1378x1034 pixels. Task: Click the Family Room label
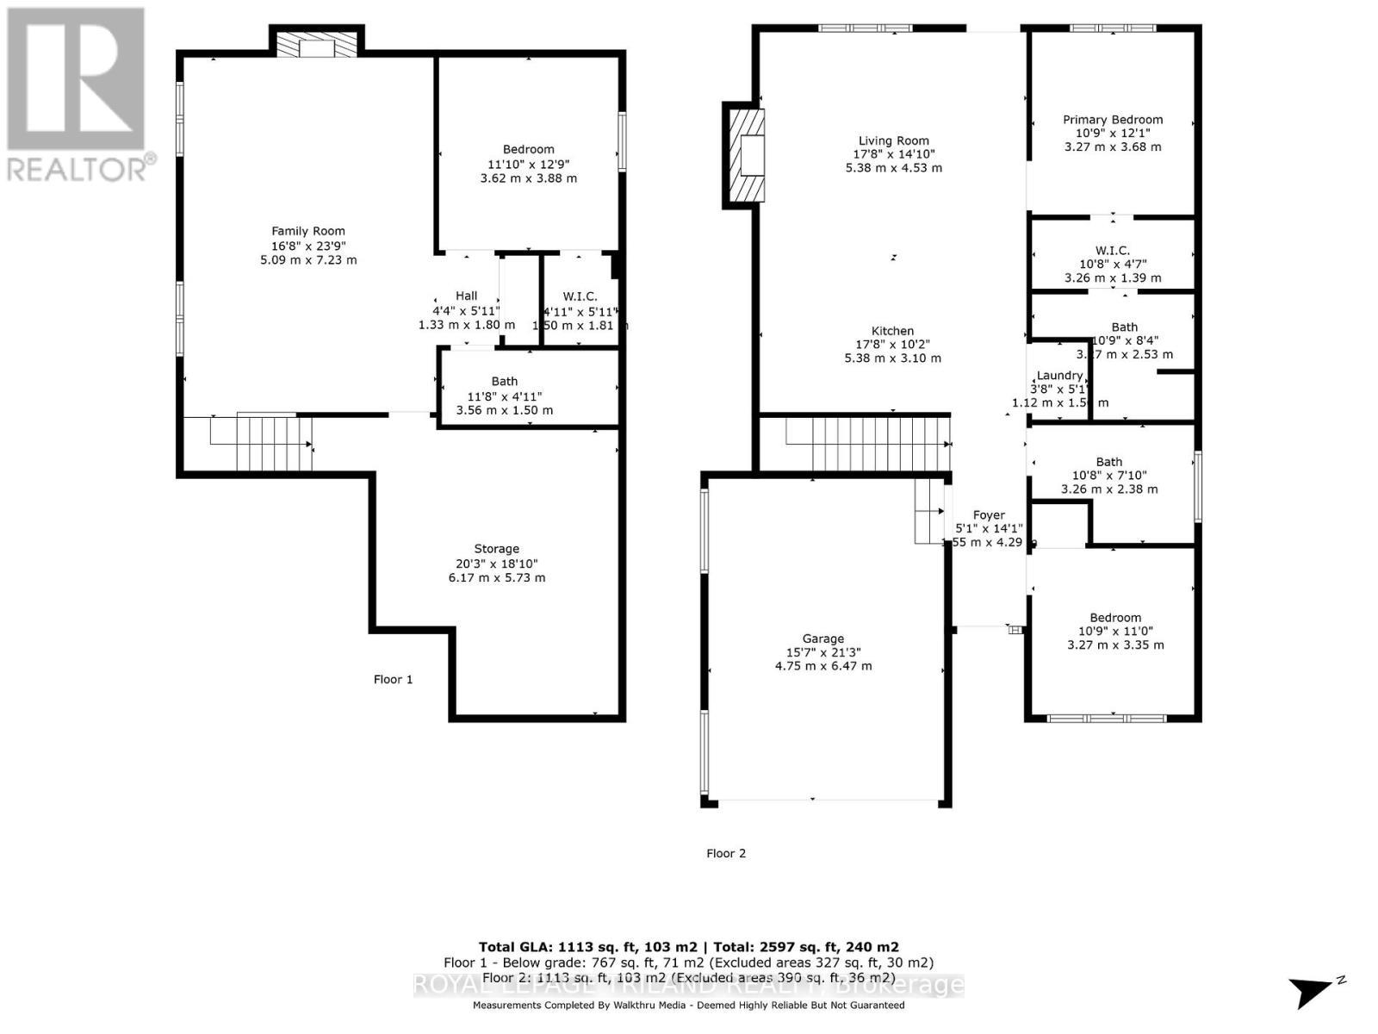point(308,231)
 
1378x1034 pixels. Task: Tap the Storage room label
point(496,549)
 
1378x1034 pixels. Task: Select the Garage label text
point(822,638)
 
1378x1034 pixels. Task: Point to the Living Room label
point(893,140)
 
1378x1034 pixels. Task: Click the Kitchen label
point(892,331)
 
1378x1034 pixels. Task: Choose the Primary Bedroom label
point(1112,120)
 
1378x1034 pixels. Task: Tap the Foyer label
point(989,515)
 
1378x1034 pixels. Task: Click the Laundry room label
point(1058,376)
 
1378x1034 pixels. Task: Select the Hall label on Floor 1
point(466,296)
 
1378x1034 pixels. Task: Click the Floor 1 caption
point(393,679)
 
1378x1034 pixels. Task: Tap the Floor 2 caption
point(726,853)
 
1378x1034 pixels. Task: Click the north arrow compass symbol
point(1313,991)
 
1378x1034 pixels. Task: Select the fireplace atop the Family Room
point(316,46)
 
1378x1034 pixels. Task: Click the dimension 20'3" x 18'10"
point(496,564)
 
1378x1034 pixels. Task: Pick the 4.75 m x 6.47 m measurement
point(822,666)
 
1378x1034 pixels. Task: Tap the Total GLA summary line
point(688,946)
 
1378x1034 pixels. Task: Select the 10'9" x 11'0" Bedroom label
point(1114,618)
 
